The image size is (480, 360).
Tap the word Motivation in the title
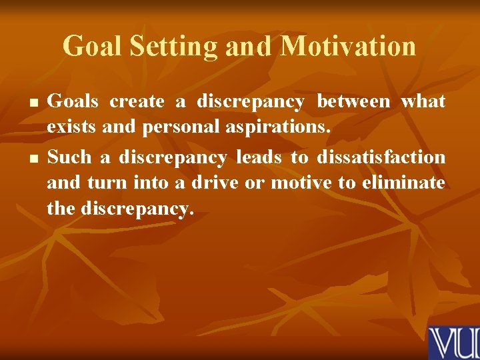(347, 47)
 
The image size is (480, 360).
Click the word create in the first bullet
(137, 102)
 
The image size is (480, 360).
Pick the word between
(353, 102)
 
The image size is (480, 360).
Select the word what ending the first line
(423, 102)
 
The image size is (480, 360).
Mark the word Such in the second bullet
(70, 157)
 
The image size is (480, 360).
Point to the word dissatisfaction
(381, 157)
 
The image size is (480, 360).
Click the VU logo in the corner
(453, 342)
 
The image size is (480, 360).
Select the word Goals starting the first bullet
(73, 102)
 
